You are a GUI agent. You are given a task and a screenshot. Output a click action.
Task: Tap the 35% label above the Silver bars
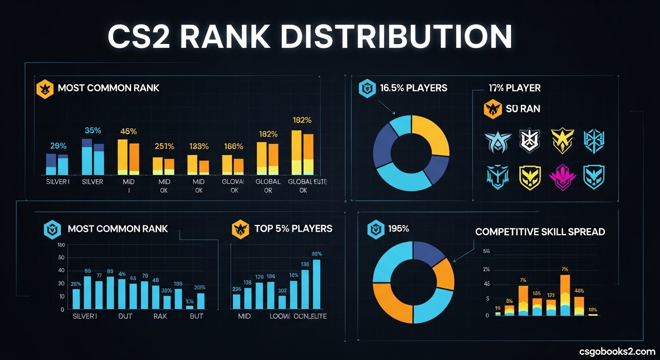point(92,130)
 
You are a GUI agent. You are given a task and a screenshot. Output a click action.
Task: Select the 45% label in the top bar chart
point(128,131)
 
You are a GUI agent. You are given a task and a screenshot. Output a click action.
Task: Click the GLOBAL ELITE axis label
point(304,181)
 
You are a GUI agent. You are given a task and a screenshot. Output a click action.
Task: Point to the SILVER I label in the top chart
point(57,181)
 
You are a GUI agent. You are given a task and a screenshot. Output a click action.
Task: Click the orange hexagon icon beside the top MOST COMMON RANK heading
point(43,88)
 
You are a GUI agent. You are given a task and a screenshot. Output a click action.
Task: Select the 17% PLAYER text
point(514,88)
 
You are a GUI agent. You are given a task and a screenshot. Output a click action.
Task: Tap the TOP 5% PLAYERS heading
point(293,228)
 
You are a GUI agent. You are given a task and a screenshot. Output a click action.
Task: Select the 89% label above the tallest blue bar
point(316,254)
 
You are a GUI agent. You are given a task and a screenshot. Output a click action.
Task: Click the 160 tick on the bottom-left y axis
point(60,245)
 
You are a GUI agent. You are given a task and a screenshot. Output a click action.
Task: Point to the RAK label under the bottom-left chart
point(160,316)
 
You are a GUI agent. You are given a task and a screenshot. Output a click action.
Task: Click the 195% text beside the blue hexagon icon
point(398,229)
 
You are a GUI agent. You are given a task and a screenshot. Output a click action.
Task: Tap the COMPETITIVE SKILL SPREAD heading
point(540,232)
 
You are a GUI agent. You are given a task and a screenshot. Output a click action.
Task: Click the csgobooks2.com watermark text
point(617,351)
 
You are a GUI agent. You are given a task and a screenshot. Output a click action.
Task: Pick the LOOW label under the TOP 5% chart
point(280,316)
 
